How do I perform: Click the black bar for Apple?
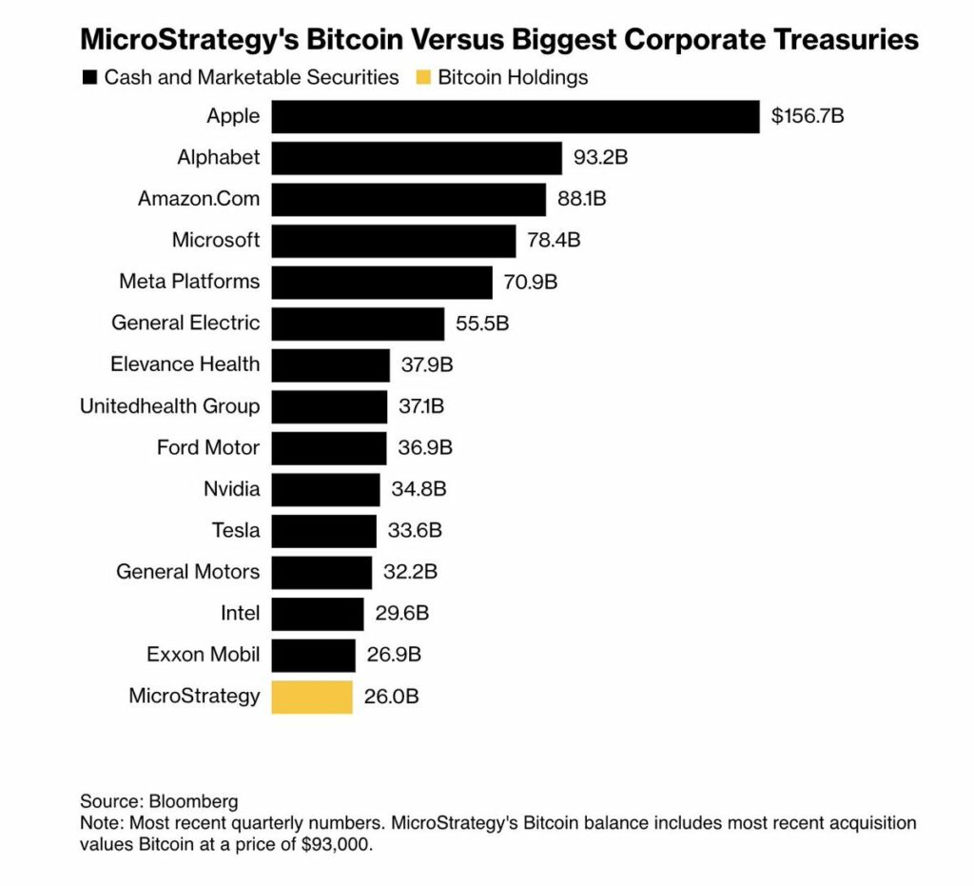point(516,117)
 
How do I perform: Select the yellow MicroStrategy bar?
point(312,697)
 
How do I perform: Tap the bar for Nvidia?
point(325,490)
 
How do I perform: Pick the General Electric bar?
point(358,324)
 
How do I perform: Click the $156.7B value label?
point(808,117)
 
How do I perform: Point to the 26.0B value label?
point(391,697)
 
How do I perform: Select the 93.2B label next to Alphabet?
point(600,158)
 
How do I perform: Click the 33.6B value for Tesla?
point(415,531)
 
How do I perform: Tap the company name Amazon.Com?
point(199,199)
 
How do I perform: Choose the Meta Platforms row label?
point(189,282)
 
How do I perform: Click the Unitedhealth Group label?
point(170,406)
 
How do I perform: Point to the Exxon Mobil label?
point(203,655)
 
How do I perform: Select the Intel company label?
point(240,614)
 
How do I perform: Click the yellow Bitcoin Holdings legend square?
point(422,78)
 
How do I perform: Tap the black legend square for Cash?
point(90,78)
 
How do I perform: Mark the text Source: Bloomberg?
point(159,800)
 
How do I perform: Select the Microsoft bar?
point(394,241)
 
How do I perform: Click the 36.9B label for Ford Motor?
point(425,447)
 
